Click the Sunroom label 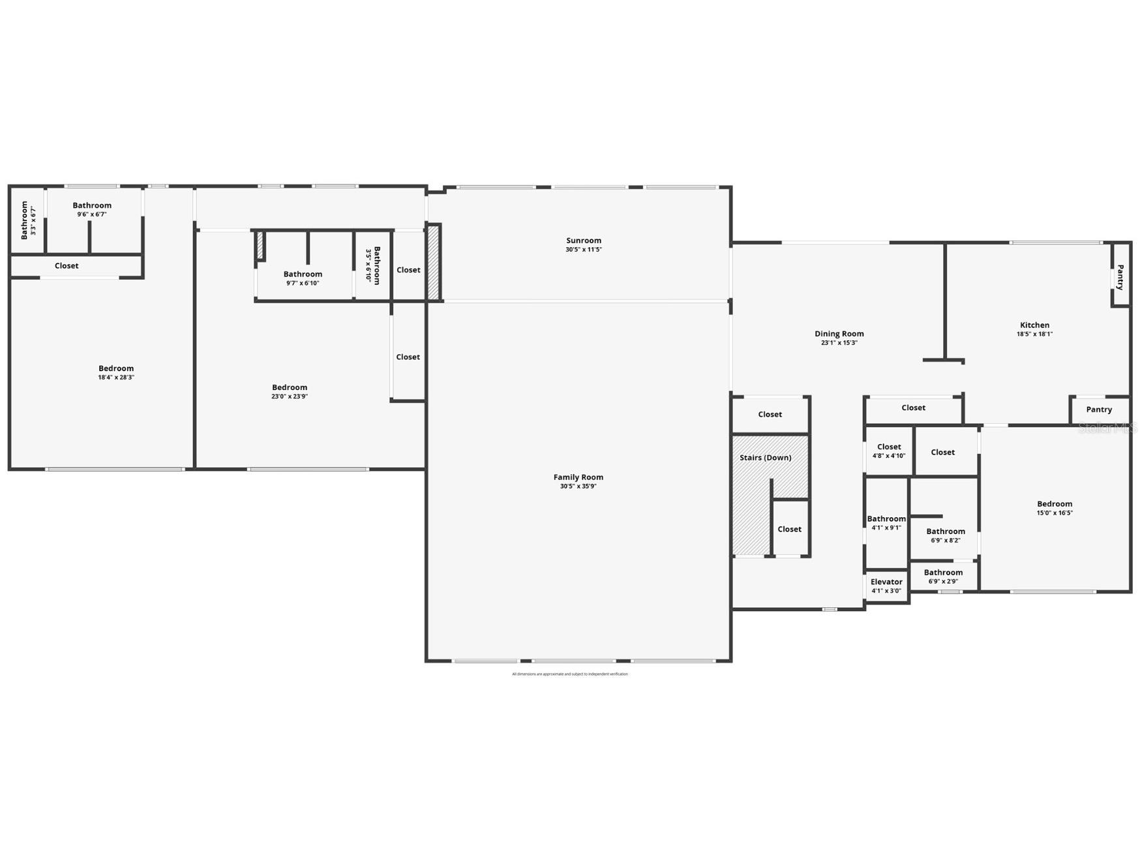pyautogui.click(x=583, y=241)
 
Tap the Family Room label pyautogui.click(x=578, y=477)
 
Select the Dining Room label pyautogui.click(x=839, y=334)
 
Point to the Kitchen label pyautogui.click(x=1034, y=325)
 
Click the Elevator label pyautogui.click(x=886, y=582)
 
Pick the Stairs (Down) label pyautogui.click(x=765, y=458)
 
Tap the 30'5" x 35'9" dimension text pyautogui.click(x=578, y=487)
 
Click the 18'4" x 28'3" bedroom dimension pyautogui.click(x=116, y=378)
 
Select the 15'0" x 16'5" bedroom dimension pyautogui.click(x=1055, y=513)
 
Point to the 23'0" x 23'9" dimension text pyautogui.click(x=290, y=397)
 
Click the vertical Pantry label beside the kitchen pyautogui.click(x=1120, y=277)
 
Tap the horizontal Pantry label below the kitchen pyautogui.click(x=1099, y=410)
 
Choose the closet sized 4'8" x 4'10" pyautogui.click(x=889, y=451)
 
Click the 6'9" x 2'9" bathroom pyautogui.click(x=943, y=577)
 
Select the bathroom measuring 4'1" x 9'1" pyautogui.click(x=886, y=523)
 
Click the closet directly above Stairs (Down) pyautogui.click(x=770, y=415)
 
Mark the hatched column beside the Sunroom pyautogui.click(x=434, y=262)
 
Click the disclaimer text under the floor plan pyautogui.click(x=569, y=674)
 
